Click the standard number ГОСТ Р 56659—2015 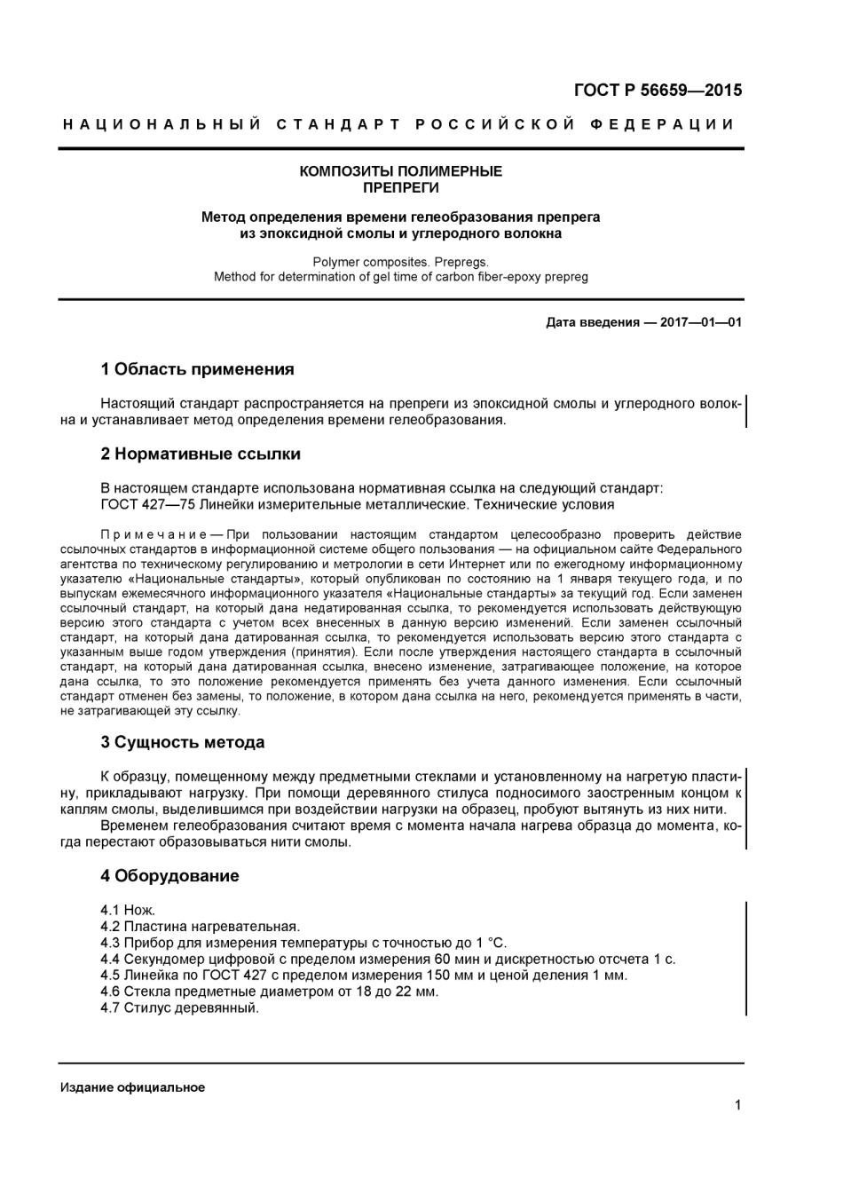[658, 90]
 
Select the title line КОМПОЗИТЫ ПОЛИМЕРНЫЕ [400, 171]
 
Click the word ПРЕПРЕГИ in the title [400, 187]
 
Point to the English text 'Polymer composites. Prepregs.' [400, 262]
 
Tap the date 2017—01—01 [700, 322]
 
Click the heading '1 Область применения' [197, 369]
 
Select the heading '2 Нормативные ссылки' [201, 454]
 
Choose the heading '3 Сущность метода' [182, 742]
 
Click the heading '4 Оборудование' [169, 876]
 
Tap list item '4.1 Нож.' [128, 910]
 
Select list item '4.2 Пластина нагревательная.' [200, 926]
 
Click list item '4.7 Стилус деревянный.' [179, 1007]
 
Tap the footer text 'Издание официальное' [132, 1087]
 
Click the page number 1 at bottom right [737, 1105]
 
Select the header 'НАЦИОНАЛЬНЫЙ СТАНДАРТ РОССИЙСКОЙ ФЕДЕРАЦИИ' [400, 124]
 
